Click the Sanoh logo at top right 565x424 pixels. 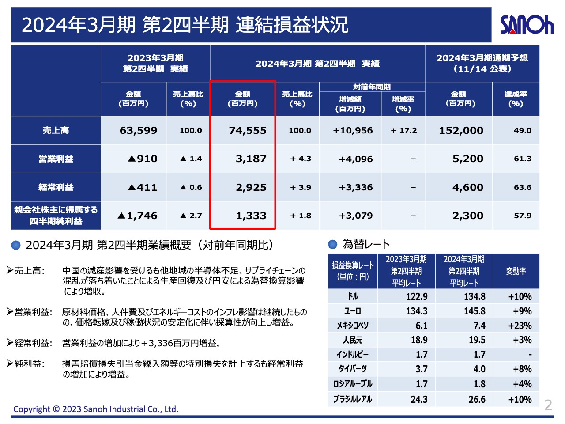pos(526,25)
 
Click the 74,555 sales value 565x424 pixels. pos(248,130)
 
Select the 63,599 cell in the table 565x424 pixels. pos(138,130)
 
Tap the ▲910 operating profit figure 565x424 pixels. pos(143,159)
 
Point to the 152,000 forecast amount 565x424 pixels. pos(461,130)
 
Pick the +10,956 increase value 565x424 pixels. pos(353,130)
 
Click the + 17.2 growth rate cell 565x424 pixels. pos(404,130)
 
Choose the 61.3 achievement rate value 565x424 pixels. pos(522,159)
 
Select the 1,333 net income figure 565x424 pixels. pos(251,216)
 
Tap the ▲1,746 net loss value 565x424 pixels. pos(137,216)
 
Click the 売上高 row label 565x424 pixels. pos(56,130)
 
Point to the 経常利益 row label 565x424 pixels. pos(56,187)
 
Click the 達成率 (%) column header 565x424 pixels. pos(516,99)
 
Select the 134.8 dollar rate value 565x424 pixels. pos(475,296)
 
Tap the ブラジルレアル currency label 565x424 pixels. pos(353,399)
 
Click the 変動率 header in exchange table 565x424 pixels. pos(516,271)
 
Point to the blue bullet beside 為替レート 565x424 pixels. pos(333,244)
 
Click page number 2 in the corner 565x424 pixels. pos(548,405)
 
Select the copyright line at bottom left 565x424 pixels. pos(96,409)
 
